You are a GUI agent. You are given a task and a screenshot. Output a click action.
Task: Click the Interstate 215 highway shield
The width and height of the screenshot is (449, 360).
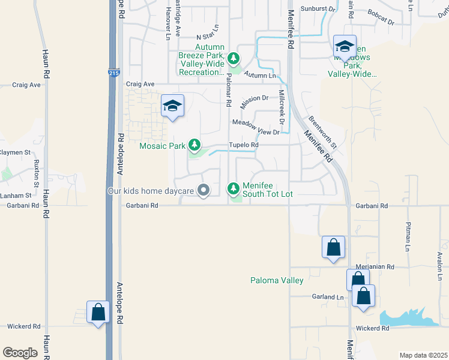[114, 73]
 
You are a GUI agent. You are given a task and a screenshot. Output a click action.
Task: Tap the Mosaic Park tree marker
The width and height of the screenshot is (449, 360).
[194, 145]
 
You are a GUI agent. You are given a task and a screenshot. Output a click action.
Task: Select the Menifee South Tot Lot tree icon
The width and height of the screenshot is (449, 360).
[234, 189]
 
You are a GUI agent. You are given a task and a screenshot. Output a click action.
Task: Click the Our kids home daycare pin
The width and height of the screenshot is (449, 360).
[203, 191]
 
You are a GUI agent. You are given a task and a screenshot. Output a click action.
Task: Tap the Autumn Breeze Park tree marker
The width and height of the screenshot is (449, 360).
[234, 59]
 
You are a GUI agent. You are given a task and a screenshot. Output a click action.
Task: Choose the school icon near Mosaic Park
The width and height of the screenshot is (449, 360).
[172, 106]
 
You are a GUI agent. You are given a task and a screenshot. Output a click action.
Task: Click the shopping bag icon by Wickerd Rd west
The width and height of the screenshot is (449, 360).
[98, 313]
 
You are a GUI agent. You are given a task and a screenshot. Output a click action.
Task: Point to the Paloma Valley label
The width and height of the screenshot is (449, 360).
[277, 280]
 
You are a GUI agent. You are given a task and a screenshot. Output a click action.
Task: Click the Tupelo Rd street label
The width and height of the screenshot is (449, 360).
[243, 145]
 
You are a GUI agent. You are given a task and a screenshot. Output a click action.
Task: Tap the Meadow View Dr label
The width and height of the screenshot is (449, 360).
[256, 127]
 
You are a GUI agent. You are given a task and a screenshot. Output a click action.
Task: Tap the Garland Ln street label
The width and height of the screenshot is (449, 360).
[327, 297]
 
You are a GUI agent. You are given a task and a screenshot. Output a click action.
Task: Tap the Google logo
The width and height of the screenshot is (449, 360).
[20, 353]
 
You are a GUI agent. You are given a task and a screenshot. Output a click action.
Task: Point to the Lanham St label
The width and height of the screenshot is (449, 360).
[16, 196]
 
